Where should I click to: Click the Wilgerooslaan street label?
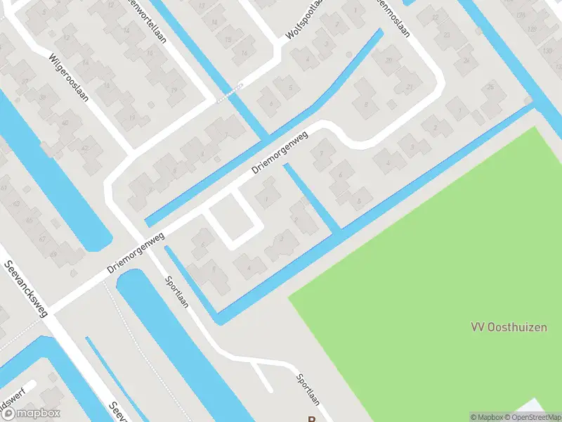[69, 77]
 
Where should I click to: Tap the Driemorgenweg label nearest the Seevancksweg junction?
[136, 254]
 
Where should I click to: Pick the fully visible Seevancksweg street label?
[26, 288]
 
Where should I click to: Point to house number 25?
[490, 87]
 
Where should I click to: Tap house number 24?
[466, 60]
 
